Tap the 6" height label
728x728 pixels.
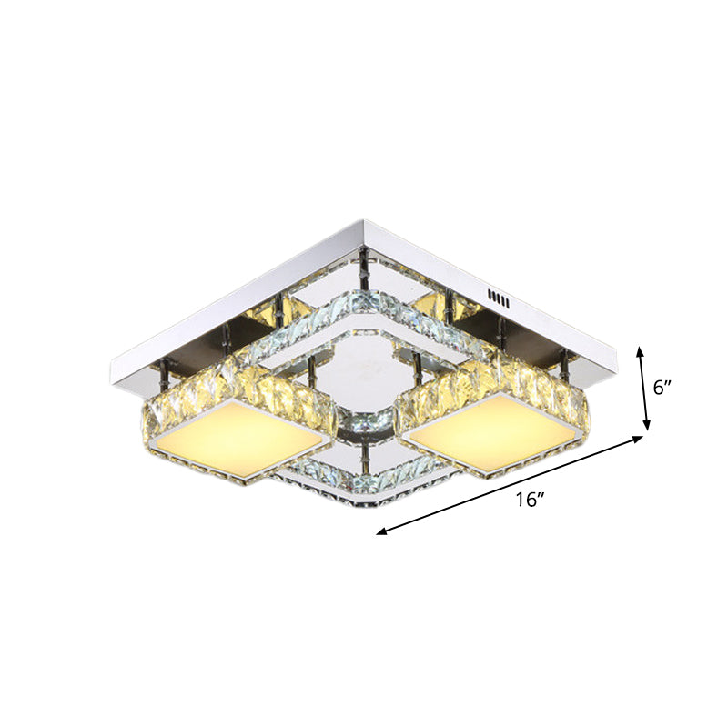coord(662,386)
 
